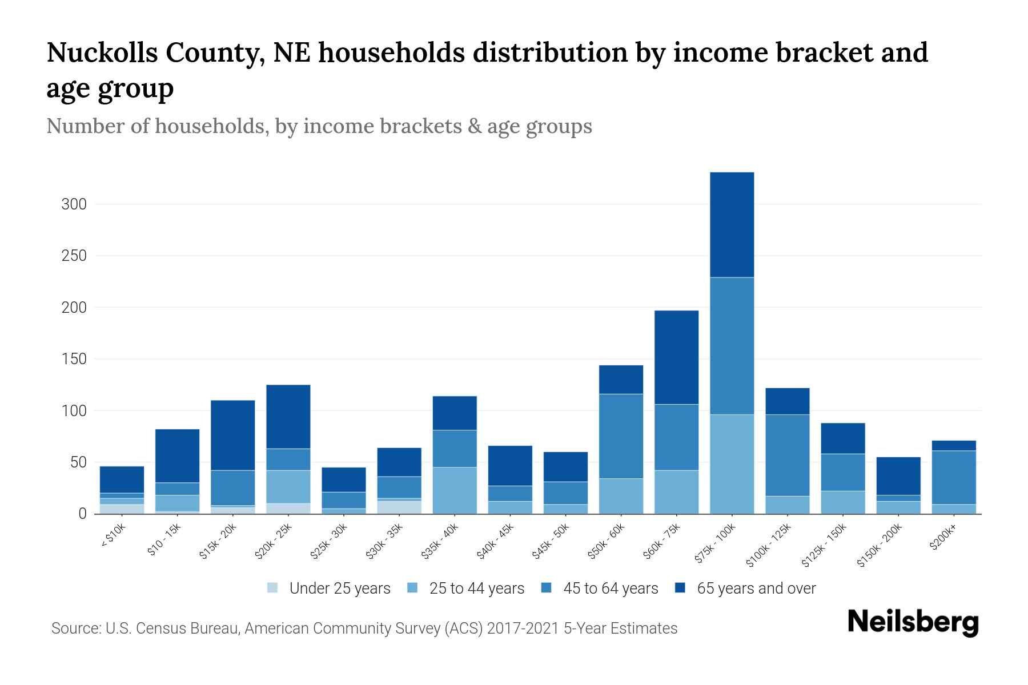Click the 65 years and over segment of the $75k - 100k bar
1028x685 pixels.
[732, 224]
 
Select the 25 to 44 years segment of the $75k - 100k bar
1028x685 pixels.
[732, 464]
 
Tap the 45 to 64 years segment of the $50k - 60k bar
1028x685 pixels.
[621, 436]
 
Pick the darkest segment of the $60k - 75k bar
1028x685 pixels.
[676, 357]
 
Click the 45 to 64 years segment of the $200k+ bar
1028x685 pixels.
[953, 477]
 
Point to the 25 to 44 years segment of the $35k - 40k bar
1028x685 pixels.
[455, 490]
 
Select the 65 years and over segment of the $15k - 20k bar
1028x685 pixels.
[233, 435]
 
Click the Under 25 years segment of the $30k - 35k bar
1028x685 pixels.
[399, 507]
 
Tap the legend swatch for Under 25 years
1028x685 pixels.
[273, 588]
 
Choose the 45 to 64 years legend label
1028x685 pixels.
[611, 589]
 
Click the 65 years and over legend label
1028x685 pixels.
[756, 589]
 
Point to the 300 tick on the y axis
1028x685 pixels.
[74, 204]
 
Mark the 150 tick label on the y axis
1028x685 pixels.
[74, 359]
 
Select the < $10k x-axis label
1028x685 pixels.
[113, 537]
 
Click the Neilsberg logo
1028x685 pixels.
[912, 622]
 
